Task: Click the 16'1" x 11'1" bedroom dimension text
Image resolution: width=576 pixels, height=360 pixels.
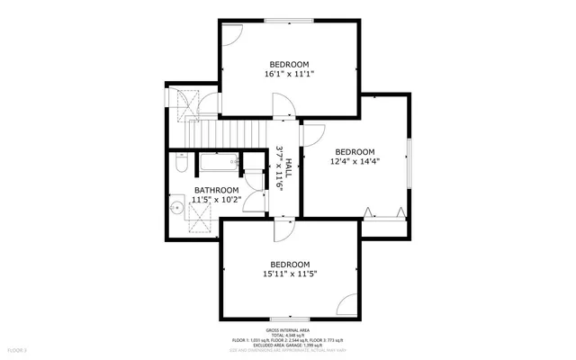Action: click(x=289, y=75)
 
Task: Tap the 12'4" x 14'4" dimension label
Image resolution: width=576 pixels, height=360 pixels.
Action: click(x=355, y=162)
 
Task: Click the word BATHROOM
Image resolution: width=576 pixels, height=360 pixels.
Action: click(x=217, y=190)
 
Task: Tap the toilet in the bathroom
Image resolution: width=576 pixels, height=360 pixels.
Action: click(x=180, y=166)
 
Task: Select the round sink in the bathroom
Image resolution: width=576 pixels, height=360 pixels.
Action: click(x=176, y=206)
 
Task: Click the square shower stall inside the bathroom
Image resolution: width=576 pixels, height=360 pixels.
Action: click(x=202, y=221)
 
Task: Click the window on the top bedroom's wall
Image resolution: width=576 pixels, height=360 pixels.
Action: click(x=289, y=20)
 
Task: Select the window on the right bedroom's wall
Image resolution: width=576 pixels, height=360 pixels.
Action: click(x=409, y=163)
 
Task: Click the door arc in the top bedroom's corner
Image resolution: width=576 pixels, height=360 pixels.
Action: click(x=231, y=34)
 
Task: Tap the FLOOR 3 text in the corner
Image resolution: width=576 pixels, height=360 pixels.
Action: click(x=18, y=349)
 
